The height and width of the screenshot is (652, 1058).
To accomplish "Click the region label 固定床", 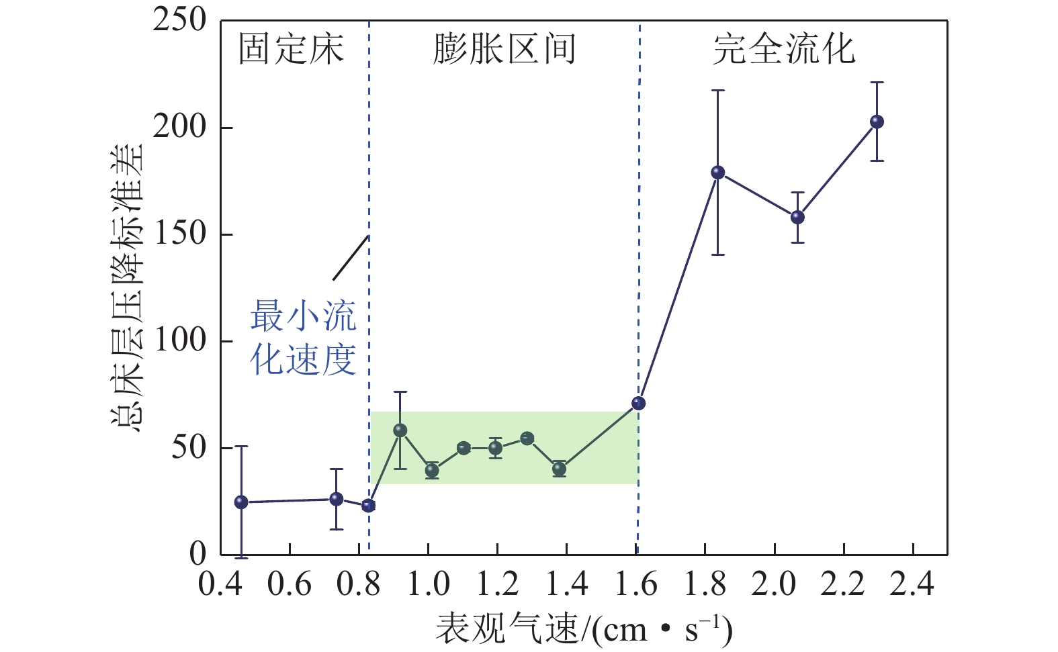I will point(291,49).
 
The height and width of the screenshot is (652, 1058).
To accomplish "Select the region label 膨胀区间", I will point(504,49).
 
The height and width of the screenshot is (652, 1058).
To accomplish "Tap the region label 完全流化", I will point(784,49).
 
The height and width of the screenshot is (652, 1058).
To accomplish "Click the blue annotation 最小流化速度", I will point(303,338).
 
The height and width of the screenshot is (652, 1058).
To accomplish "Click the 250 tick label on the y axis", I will point(179,21).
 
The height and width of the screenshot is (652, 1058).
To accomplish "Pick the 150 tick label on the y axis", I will point(179,234).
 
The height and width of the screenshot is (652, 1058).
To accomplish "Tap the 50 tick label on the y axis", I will point(188,448).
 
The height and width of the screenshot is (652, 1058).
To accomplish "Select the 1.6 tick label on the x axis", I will point(635,585).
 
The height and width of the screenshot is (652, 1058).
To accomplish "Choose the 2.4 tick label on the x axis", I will point(912,585).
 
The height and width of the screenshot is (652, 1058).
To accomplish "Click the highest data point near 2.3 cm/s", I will point(877,122).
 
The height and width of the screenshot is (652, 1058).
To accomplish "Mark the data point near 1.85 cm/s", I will point(717,173).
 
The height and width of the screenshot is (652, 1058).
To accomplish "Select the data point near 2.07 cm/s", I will point(797,217).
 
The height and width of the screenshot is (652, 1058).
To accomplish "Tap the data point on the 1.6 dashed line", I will point(638,403).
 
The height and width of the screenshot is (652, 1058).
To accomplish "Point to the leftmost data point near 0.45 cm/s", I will point(241,502).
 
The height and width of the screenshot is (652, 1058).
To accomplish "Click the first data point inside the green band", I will point(400,430).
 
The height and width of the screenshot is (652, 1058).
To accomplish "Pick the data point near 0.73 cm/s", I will point(337,499).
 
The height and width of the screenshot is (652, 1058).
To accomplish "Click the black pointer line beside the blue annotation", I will point(351,257).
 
